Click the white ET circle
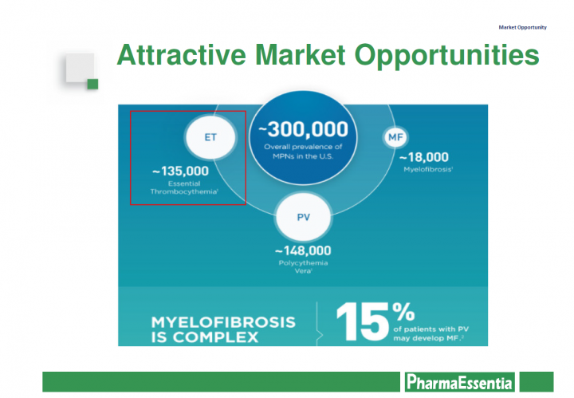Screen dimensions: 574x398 (x=210, y=137)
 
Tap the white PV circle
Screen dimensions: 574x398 (x=304, y=217)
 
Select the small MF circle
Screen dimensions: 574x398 (x=395, y=137)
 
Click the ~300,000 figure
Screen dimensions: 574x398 (x=304, y=129)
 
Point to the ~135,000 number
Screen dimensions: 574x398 (x=180, y=171)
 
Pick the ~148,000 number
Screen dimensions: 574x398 (x=303, y=250)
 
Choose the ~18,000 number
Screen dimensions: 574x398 (x=424, y=157)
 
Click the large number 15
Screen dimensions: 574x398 (x=362, y=322)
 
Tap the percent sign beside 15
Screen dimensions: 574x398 (x=403, y=311)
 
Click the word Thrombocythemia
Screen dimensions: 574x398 (x=184, y=191)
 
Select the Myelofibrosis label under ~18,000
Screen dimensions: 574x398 (x=427, y=170)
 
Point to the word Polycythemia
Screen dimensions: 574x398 (x=303, y=263)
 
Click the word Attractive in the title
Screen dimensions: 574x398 (x=182, y=55)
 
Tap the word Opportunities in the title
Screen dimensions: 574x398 (x=446, y=56)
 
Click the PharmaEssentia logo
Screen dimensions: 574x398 (x=459, y=382)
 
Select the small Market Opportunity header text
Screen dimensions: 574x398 (x=522, y=27)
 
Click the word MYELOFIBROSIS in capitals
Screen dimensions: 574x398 (x=223, y=322)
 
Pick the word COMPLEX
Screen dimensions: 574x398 (x=215, y=337)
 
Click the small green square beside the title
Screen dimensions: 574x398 (x=92, y=84)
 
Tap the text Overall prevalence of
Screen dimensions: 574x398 (x=303, y=147)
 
